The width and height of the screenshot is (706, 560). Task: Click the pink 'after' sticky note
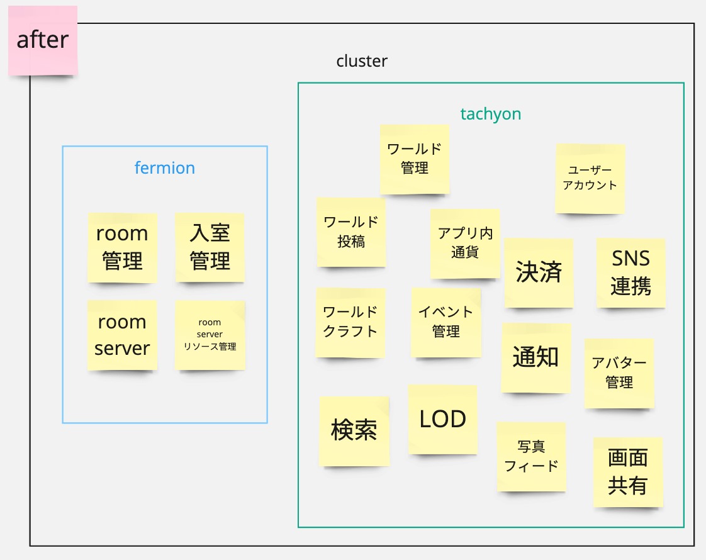(x=43, y=40)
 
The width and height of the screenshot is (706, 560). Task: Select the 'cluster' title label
(x=362, y=61)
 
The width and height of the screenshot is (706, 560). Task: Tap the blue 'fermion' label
(x=165, y=168)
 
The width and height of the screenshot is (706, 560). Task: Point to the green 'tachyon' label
(x=491, y=114)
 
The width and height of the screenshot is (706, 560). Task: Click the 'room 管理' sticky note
(x=122, y=247)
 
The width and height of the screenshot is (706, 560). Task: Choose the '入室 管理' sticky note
(x=210, y=247)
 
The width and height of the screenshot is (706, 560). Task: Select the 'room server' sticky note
(x=122, y=335)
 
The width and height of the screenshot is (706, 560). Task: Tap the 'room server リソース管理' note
(x=210, y=335)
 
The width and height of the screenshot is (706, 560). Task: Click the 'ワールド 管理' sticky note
(x=414, y=159)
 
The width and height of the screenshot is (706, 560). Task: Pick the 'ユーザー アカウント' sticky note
(x=590, y=178)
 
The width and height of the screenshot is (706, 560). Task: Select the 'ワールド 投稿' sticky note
(x=351, y=232)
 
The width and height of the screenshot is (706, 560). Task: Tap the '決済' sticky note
(x=539, y=272)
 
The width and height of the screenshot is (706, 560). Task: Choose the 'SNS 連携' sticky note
(x=630, y=272)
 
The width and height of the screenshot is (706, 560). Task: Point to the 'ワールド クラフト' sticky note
(x=350, y=322)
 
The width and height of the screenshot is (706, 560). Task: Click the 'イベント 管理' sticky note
(x=446, y=322)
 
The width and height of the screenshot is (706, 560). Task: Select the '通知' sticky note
(x=536, y=357)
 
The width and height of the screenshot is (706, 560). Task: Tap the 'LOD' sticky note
(x=442, y=419)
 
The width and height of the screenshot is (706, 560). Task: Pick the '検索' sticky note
(x=354, y=431)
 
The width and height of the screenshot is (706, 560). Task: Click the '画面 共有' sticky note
(x=627, y=472)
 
